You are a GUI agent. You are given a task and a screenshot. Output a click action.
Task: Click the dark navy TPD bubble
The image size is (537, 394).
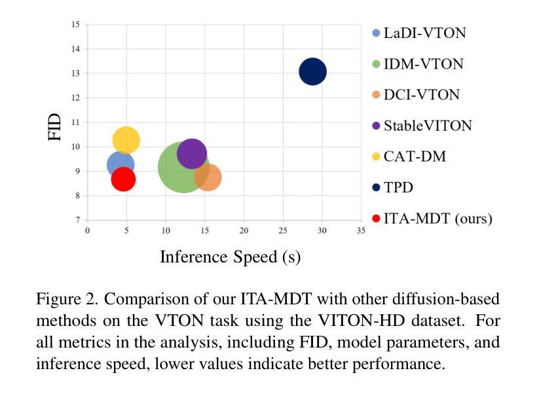[313, 71]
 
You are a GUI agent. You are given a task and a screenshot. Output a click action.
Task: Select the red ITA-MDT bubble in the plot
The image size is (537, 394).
[123, 179]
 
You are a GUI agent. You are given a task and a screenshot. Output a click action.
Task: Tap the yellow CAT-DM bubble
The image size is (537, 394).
[126, 139]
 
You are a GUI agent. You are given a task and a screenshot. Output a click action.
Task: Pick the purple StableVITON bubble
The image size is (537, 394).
[192, 154]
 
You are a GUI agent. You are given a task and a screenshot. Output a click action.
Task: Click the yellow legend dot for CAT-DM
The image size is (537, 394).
[376, 157]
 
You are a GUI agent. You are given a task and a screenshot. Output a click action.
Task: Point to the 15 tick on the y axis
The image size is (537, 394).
[76, 25]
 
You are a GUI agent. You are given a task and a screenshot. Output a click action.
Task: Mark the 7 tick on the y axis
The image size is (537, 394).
[78, 220]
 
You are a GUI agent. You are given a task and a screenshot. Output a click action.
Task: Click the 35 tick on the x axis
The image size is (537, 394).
[360, 231]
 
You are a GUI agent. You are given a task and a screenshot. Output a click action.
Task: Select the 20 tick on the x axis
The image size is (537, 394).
[244, 231]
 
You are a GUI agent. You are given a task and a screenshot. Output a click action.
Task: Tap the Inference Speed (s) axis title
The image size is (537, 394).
[230, 257]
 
